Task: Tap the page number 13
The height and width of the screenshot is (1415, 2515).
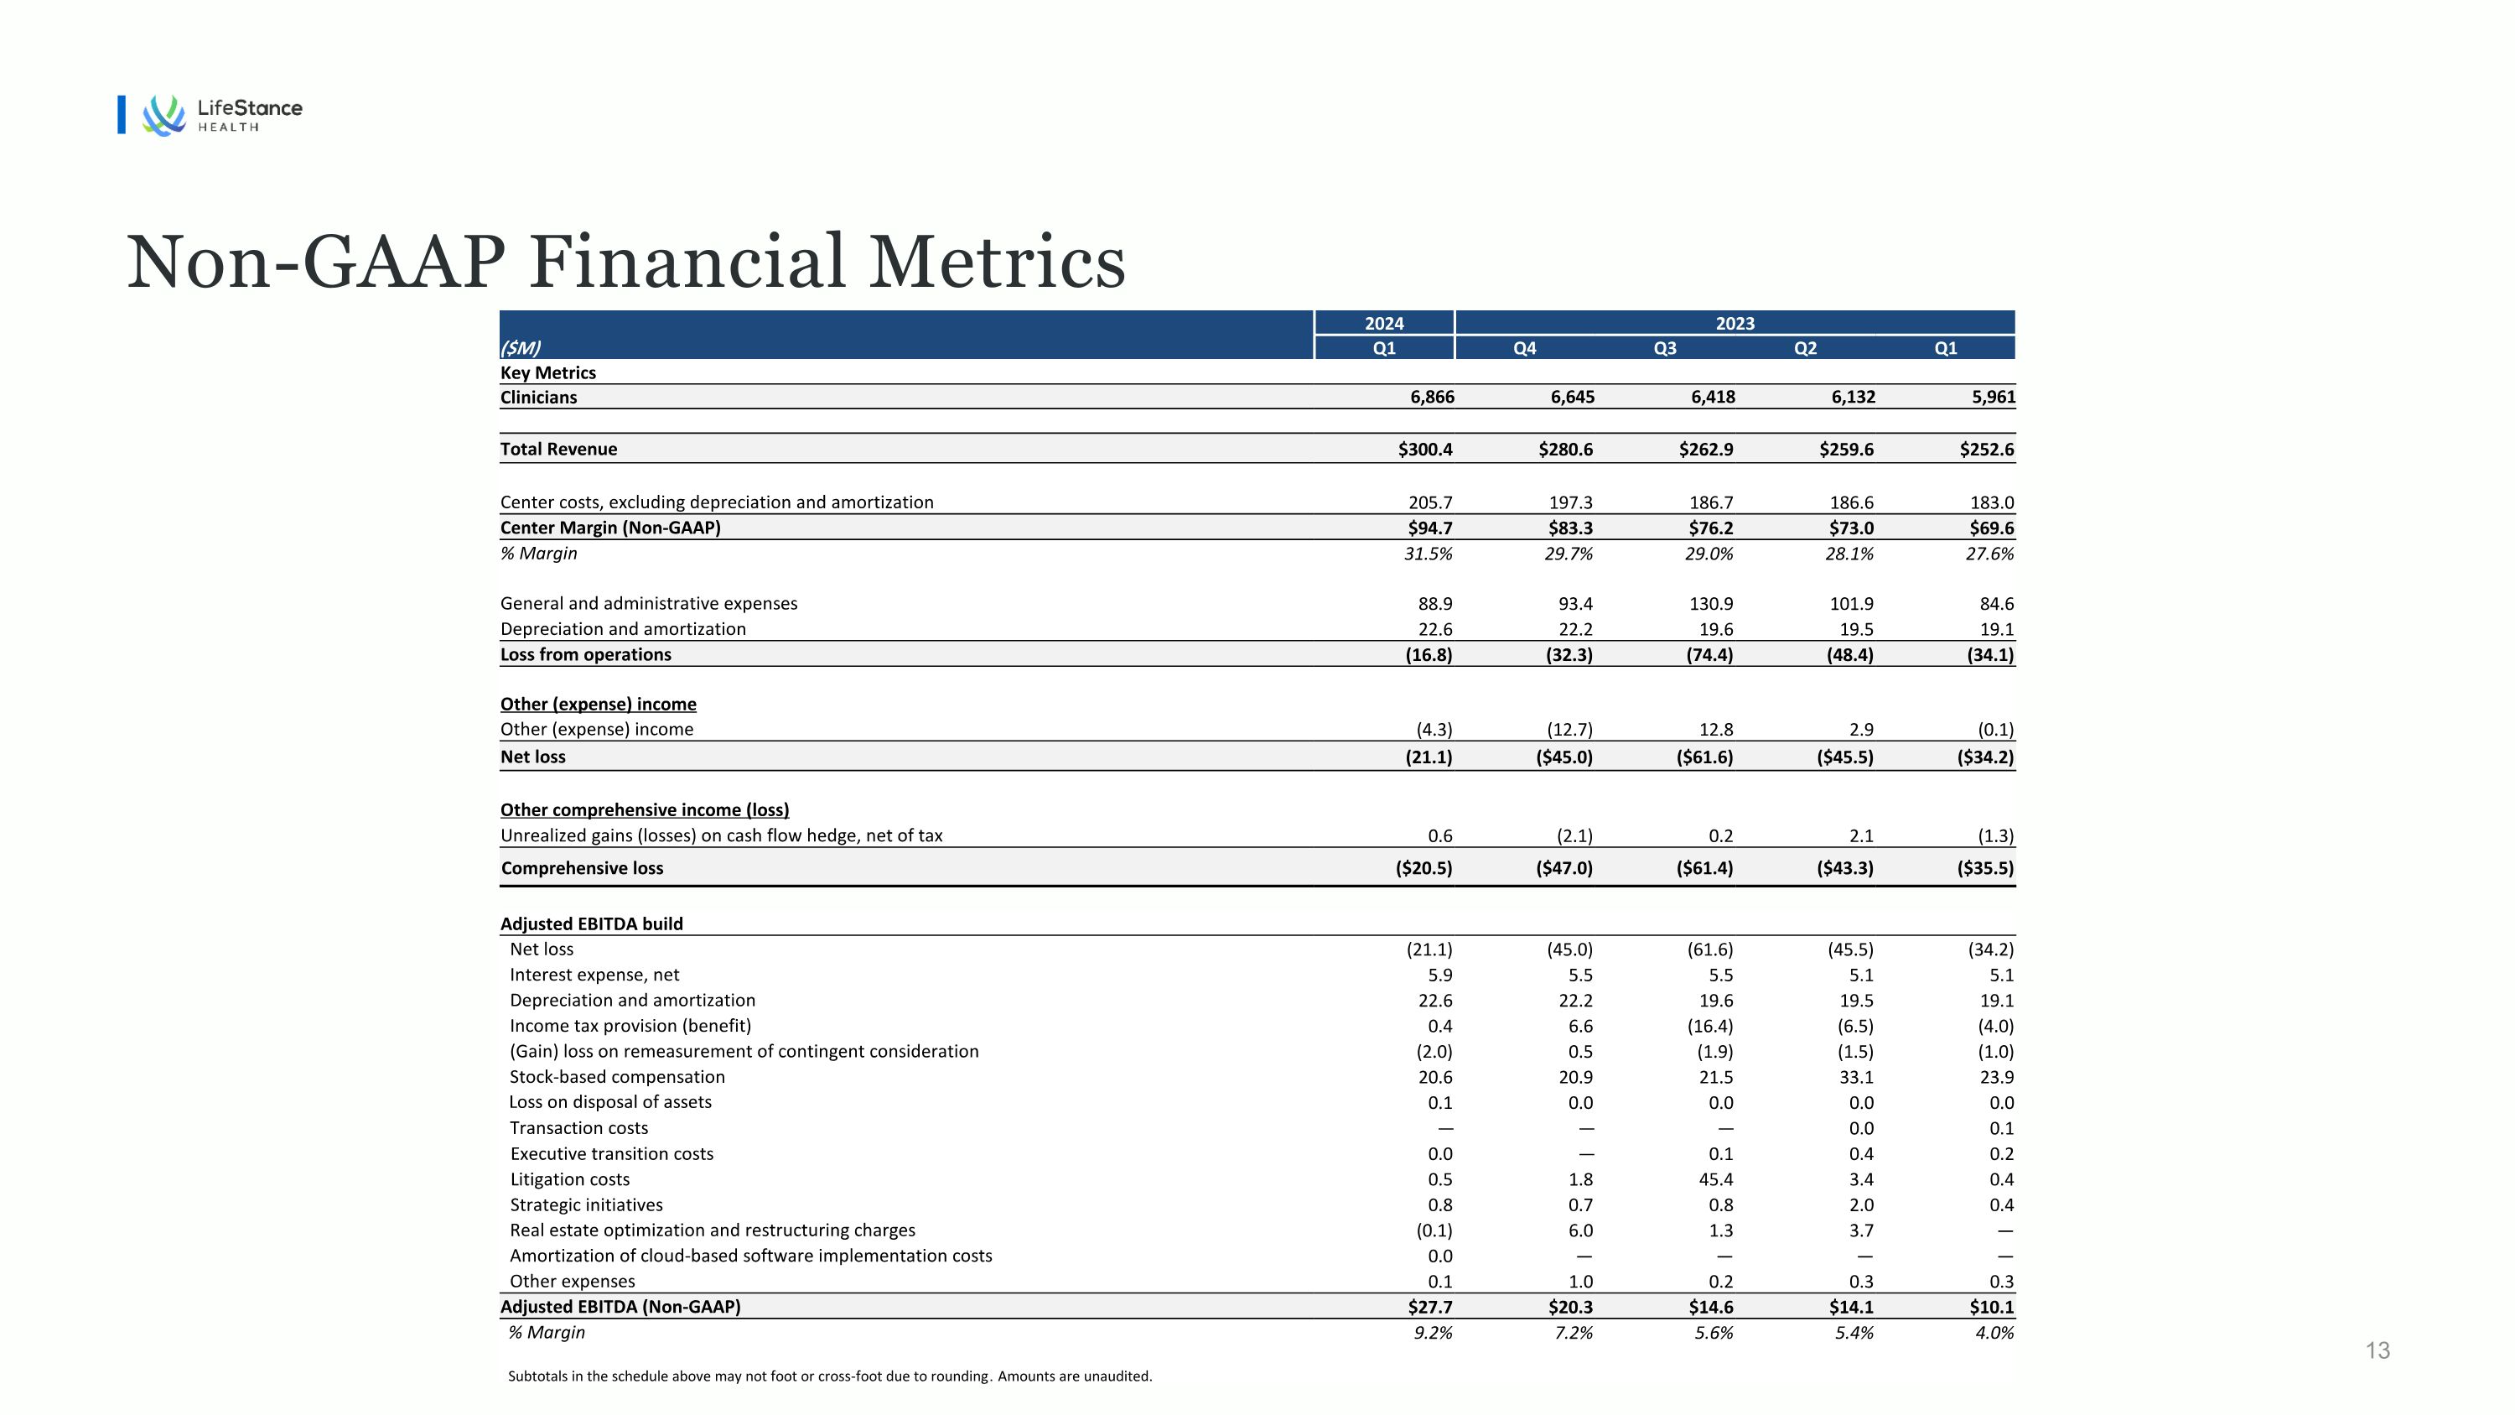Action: (x=2378, y=1350)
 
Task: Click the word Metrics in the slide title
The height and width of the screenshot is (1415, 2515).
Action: (x=997, y=263)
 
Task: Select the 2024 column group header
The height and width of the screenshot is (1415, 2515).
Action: (x=1384, y=323)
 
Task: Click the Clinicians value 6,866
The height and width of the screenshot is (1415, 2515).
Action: (x=1431, y=398)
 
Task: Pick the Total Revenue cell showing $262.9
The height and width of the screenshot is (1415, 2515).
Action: (x=1706, y=450)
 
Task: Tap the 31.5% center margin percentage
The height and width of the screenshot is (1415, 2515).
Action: (x=1428, y=554)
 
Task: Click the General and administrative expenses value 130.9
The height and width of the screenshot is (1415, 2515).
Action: (x=1710, y=605)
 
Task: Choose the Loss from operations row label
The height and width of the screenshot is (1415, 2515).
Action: (x=586, y=654)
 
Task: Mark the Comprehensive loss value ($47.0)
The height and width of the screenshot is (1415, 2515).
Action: (x=1564, y=868)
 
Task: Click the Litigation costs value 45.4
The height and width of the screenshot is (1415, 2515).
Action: (x=1715, y=1179)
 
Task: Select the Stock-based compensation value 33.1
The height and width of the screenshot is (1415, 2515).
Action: (x=1856, y=1077)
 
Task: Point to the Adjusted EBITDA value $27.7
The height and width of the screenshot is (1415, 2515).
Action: (x=1429, y=1307)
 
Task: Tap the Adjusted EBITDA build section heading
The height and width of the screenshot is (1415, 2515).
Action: (x=592, y=923)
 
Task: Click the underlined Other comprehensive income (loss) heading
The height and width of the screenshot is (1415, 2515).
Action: (x=645, y=809)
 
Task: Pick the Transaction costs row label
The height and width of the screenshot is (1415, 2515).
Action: (x=579, y=1128)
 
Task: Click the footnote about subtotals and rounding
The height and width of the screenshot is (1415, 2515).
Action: (x=830, y=1376)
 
